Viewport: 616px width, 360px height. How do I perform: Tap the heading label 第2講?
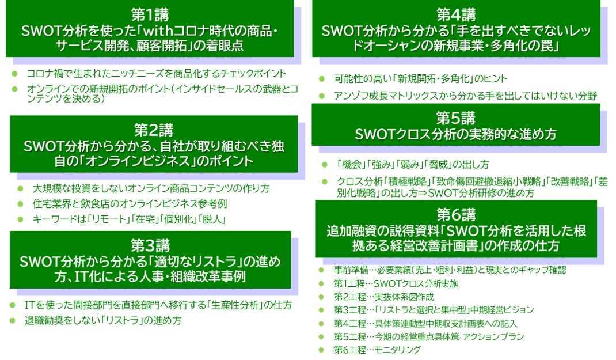(154, 130)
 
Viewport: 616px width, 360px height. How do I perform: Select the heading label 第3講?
(150, 245)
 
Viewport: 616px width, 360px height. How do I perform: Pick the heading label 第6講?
(456, 215)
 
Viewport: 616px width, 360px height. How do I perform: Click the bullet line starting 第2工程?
(383, 297)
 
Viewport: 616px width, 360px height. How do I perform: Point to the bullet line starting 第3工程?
(434, 310)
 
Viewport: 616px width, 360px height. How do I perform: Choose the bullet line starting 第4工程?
(425, 323)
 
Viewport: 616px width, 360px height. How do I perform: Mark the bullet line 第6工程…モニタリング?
(377, 350)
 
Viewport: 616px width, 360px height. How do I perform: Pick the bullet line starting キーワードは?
(128, 219)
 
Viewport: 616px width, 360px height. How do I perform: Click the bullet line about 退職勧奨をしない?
(104, 321)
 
